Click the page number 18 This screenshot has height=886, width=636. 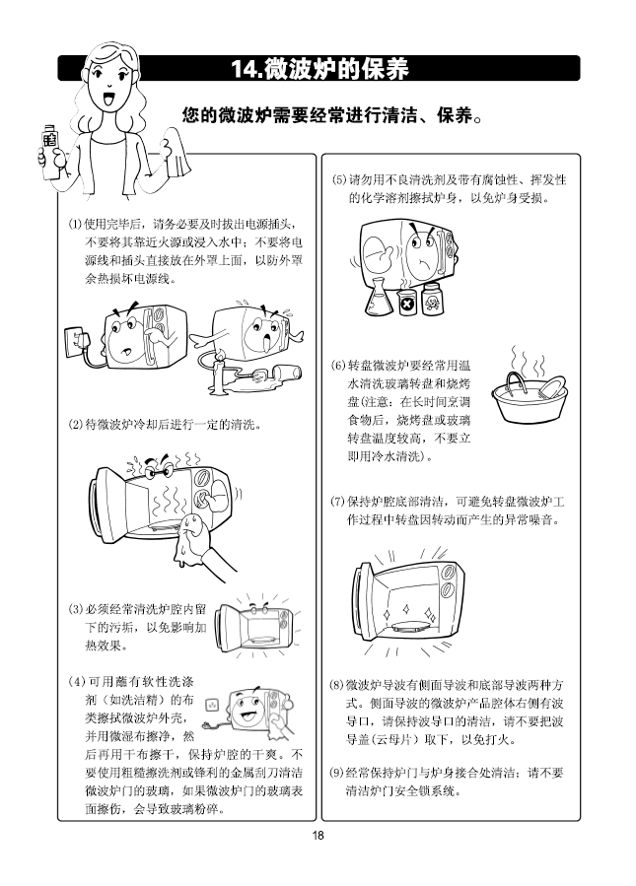point(318,835)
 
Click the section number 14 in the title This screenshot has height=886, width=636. point(241,68)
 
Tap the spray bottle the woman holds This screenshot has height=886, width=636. point(49,152)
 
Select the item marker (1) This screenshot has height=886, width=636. point(75,224)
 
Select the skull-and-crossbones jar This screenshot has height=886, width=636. point(432,298)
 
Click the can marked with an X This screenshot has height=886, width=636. point(406,303)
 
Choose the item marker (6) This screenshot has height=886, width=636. point(338,366)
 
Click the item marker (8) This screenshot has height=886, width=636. point(337,685)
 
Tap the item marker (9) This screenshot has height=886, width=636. point(337,773)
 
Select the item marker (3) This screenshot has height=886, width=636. point(75,609)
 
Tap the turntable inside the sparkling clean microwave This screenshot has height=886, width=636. point(410,626)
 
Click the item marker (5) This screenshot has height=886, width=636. point(339,180)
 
